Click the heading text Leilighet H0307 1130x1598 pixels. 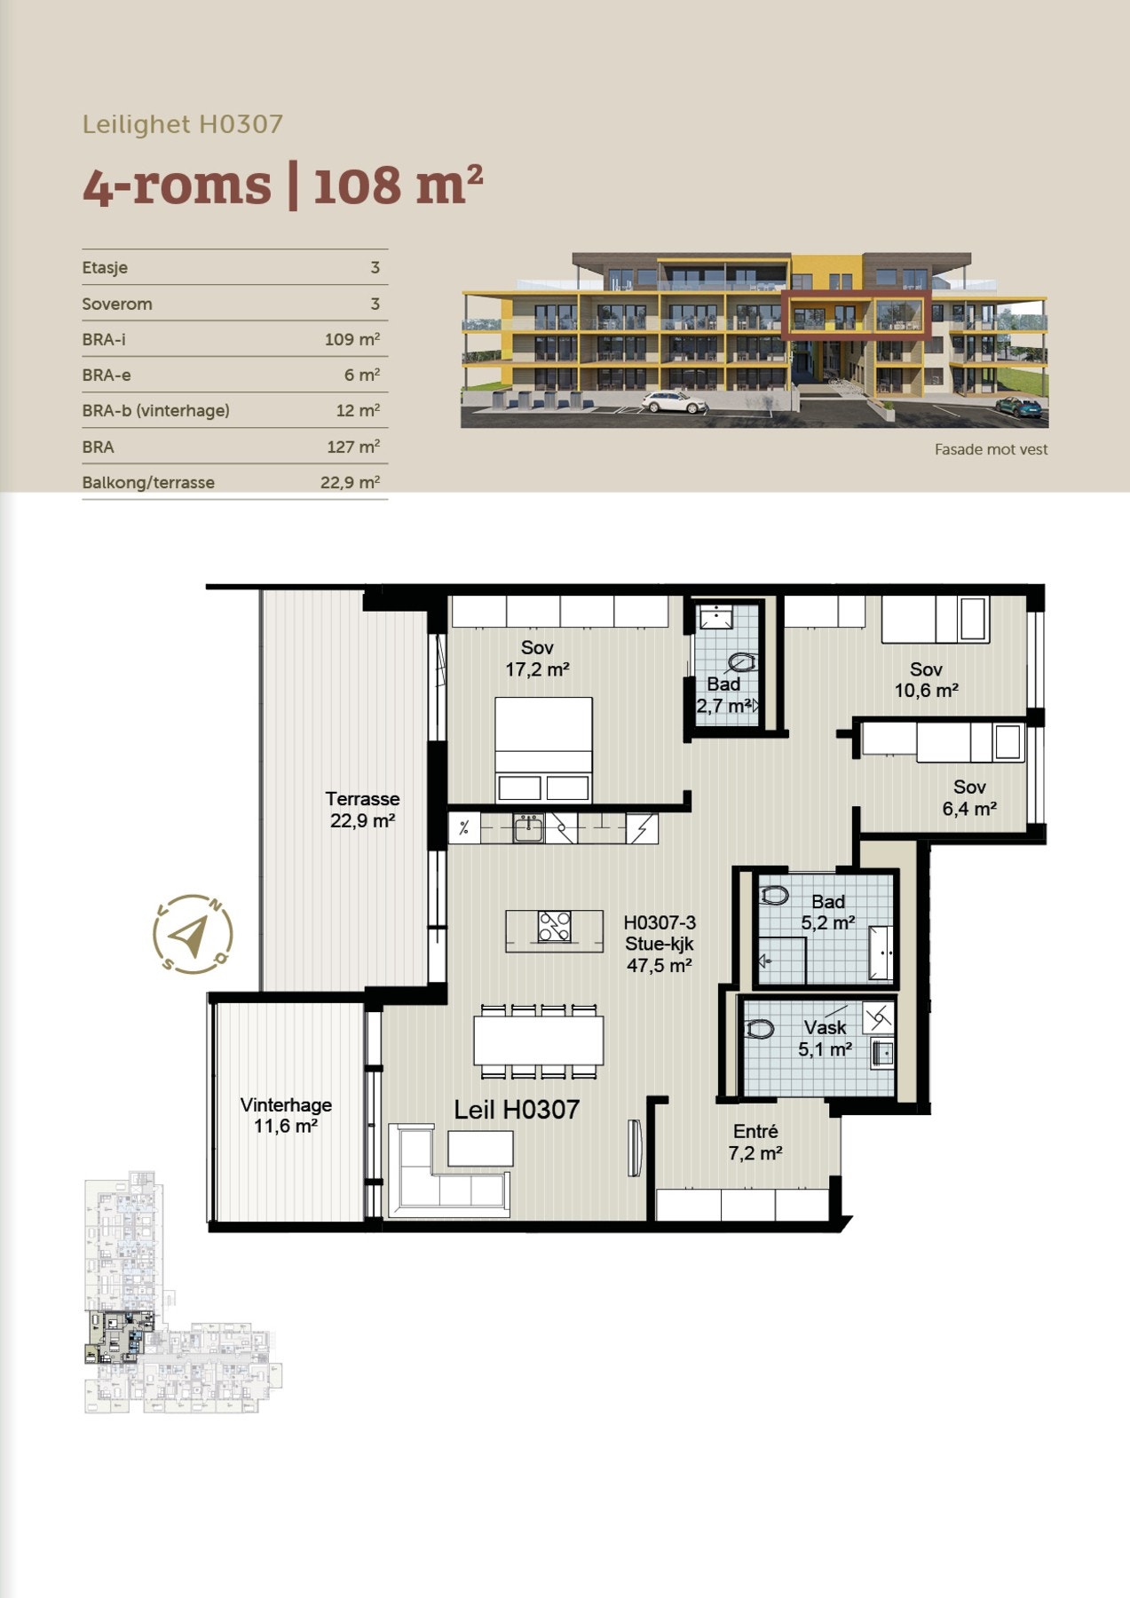[183, 124]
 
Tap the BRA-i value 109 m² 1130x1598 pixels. [352, 339]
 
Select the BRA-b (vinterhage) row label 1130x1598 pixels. [155, 411]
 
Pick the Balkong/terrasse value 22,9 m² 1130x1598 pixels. [350, 482]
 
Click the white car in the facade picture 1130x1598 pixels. [674, 402]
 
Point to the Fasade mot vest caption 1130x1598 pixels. [991, 450]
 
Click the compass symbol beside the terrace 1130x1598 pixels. [193, 934]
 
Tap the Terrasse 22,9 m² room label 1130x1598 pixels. [362, 810]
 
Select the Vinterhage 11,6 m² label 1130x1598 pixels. [286, 1116]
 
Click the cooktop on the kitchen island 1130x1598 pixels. [555, 927]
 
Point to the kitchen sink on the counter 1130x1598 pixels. [529, 829]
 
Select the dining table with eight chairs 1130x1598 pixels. [538, 1040]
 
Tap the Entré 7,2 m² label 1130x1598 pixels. [755, 1143]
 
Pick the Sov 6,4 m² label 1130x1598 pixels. [969, 798]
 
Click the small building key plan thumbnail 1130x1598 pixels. [182, 1292]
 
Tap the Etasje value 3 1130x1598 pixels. [375, 268]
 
